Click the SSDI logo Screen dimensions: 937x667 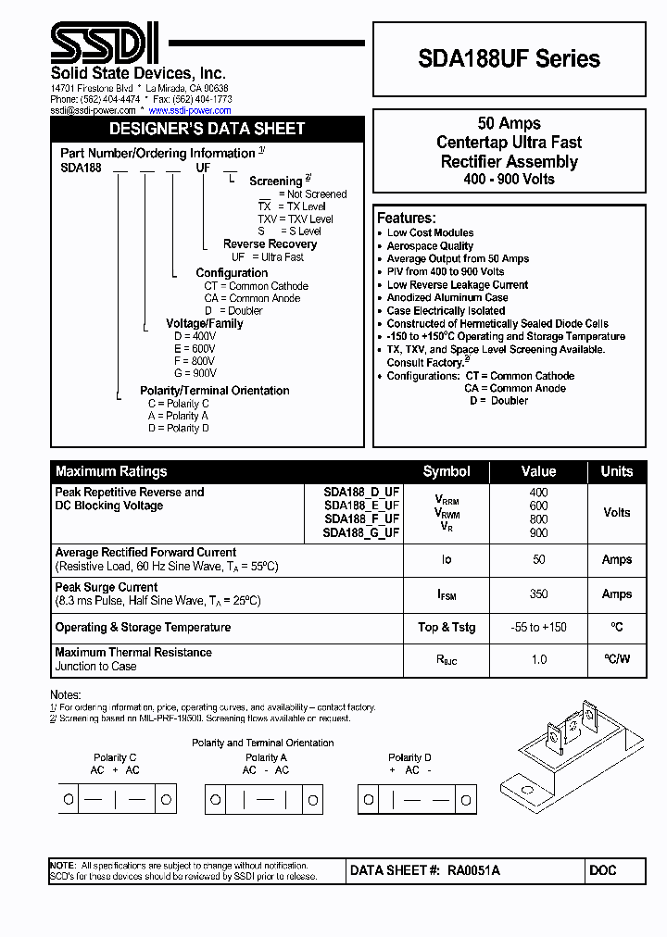coord(104,44)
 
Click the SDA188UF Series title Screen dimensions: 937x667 coord(510,59)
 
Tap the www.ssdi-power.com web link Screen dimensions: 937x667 coord(190,110)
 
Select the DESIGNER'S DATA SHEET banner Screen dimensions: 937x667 coord(207,129)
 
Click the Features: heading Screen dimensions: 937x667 coord(406,218)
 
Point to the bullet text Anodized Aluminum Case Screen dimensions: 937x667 coord(447,298)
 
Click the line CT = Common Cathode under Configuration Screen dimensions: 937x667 coord(256,286)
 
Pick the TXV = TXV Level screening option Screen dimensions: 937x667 coord(295,219)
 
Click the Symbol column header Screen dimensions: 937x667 coord(447,471)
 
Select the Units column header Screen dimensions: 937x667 coord(616,471)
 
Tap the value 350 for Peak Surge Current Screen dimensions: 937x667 coord(538,594)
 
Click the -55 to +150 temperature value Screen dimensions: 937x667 coord(538,628)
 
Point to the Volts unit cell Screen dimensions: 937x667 coord(616,512)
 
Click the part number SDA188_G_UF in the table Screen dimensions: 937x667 coord(361,532)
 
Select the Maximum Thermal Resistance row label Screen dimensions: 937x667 coord(133,653)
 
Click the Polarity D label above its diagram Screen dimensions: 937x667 coord(409,757)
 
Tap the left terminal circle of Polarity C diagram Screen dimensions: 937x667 coord(69,799)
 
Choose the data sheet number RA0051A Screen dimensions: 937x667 coord(473,871)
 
